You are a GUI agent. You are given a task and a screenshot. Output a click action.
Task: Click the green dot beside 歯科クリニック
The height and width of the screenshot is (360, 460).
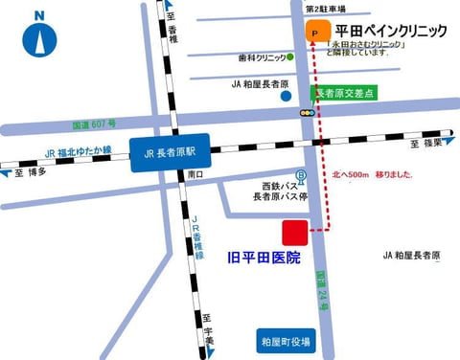pyautogui.click(x=289, y=57)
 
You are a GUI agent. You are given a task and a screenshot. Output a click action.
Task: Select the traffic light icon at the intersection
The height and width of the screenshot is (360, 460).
pyautogui.click(x=307, y=113)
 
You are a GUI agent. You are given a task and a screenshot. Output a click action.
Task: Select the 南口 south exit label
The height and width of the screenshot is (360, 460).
pyautogui.click(x=195, y=174)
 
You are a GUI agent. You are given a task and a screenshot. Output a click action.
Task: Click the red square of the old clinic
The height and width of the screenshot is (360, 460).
pyautogui.click(x=294, y=233)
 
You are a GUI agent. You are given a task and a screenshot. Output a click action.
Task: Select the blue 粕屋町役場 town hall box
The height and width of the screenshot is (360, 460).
pyautogui.click(x=285, y=340)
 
